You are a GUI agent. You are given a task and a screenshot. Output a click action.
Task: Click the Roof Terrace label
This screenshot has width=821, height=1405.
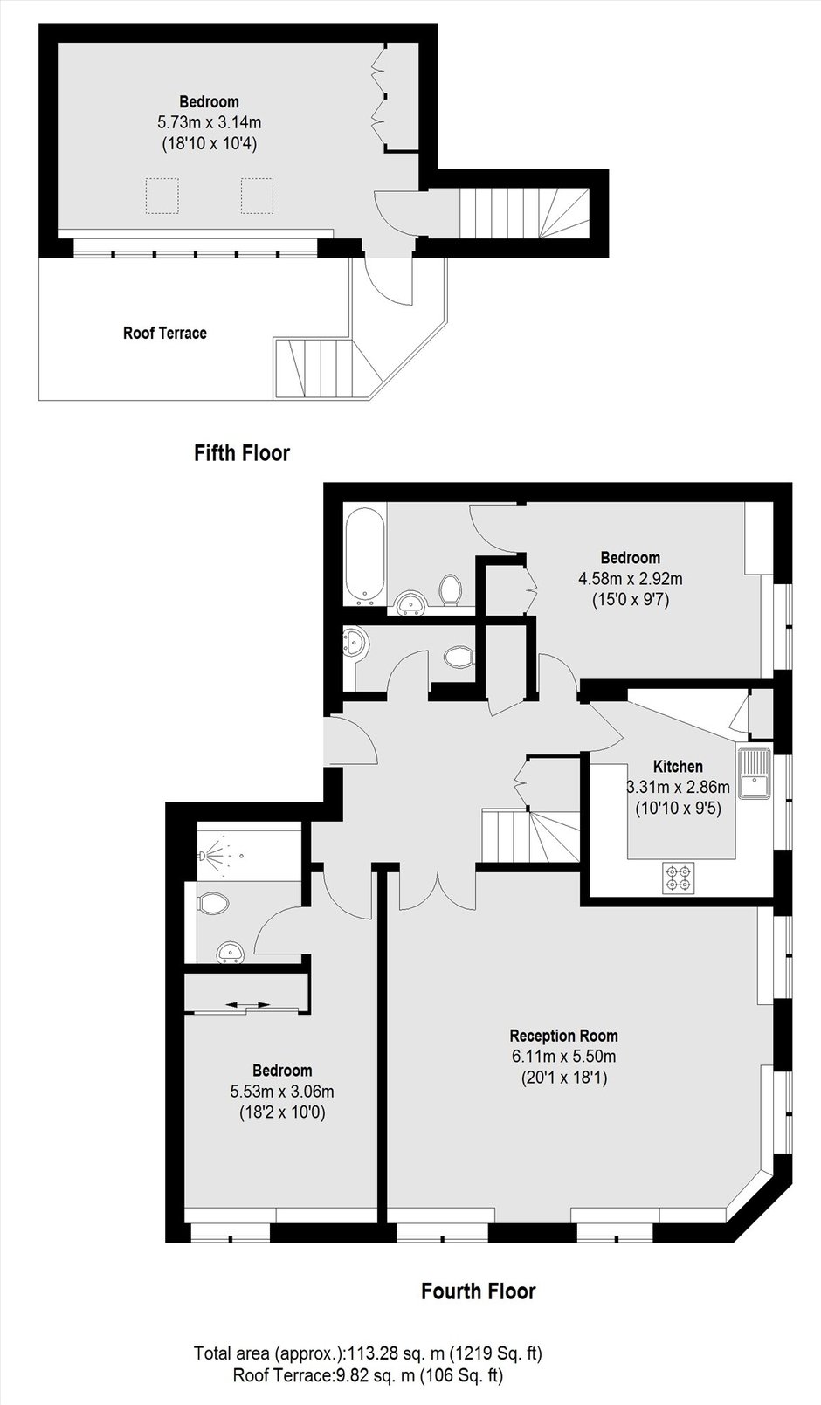point(165,333)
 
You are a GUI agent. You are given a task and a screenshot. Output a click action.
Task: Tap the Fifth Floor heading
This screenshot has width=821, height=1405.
point(242,453)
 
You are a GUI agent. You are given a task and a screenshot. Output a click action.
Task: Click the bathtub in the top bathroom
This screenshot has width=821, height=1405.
point(364,554)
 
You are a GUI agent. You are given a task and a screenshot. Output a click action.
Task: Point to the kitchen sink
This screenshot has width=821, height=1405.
point(755,773)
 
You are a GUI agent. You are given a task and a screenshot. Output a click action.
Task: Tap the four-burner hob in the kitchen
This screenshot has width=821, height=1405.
point(678,878)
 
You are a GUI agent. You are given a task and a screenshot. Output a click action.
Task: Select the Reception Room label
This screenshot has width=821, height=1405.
point(564,1036)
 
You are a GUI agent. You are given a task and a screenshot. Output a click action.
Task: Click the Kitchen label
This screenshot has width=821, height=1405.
point(678,766)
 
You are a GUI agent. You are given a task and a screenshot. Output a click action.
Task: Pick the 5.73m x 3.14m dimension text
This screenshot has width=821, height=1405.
point(210,122)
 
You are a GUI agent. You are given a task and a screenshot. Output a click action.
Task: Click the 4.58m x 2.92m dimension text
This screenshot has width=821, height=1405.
point(631,578)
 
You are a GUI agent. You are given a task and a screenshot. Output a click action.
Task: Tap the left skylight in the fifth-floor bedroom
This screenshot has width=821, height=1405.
point(162,196)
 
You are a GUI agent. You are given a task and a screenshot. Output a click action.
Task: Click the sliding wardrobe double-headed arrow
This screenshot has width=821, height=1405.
point(248,1005)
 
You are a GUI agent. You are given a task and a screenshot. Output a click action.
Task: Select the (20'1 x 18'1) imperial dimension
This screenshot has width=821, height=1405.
point(564,1078)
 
